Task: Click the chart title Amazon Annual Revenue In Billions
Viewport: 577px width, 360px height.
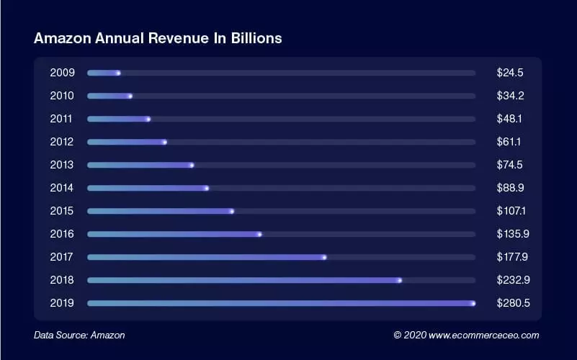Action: click(157, 38)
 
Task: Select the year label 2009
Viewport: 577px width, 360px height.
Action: click(62, 73)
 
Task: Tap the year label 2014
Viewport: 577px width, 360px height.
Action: click(62, 188)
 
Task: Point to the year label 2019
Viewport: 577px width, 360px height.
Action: click(62, 303)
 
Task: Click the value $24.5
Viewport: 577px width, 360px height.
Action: click(509, 73)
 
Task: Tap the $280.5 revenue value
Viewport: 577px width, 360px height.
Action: click(513, 303)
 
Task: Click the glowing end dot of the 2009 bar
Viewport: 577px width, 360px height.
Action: click(119, 73)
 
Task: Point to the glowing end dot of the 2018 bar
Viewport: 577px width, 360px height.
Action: click(400, 280)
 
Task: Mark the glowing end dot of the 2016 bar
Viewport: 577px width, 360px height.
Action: click(259, 234)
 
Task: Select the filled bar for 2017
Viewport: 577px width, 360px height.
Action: click(206, 257)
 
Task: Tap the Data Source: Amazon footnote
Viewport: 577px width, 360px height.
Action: click(79, 335)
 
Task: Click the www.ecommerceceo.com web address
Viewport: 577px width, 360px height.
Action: click(483, 335)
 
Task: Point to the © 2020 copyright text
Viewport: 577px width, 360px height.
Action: click(409, 335)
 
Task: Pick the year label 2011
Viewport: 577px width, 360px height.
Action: click(62, 119)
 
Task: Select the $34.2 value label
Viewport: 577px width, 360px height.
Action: click(509, 96)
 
